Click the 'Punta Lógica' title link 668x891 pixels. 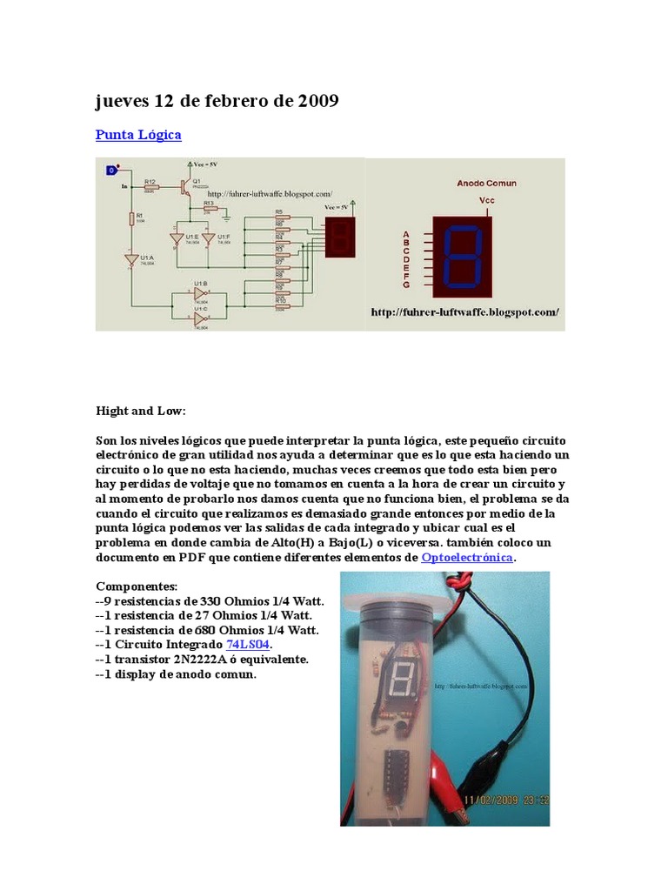pos(138,136)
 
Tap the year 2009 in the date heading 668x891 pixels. pos(317,102)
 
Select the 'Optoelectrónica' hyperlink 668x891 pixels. pos(467,557)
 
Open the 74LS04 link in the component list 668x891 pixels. pos(249,645)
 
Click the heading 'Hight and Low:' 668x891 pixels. pos(141,410)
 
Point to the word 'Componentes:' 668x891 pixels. pos(136,586)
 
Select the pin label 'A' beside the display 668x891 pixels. pos(405,234)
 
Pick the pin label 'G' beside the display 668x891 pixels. pos(405,285)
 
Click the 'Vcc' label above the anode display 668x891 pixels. pos(487,199)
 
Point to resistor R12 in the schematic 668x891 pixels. pos(151,186)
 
